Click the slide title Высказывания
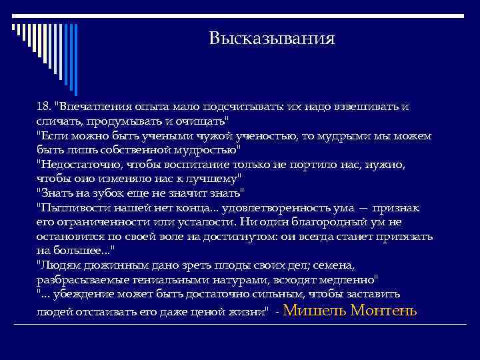point(271,38)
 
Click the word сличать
point(57,121)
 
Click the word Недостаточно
point(79,164)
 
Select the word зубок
point(99,193)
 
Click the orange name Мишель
point(318,309)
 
